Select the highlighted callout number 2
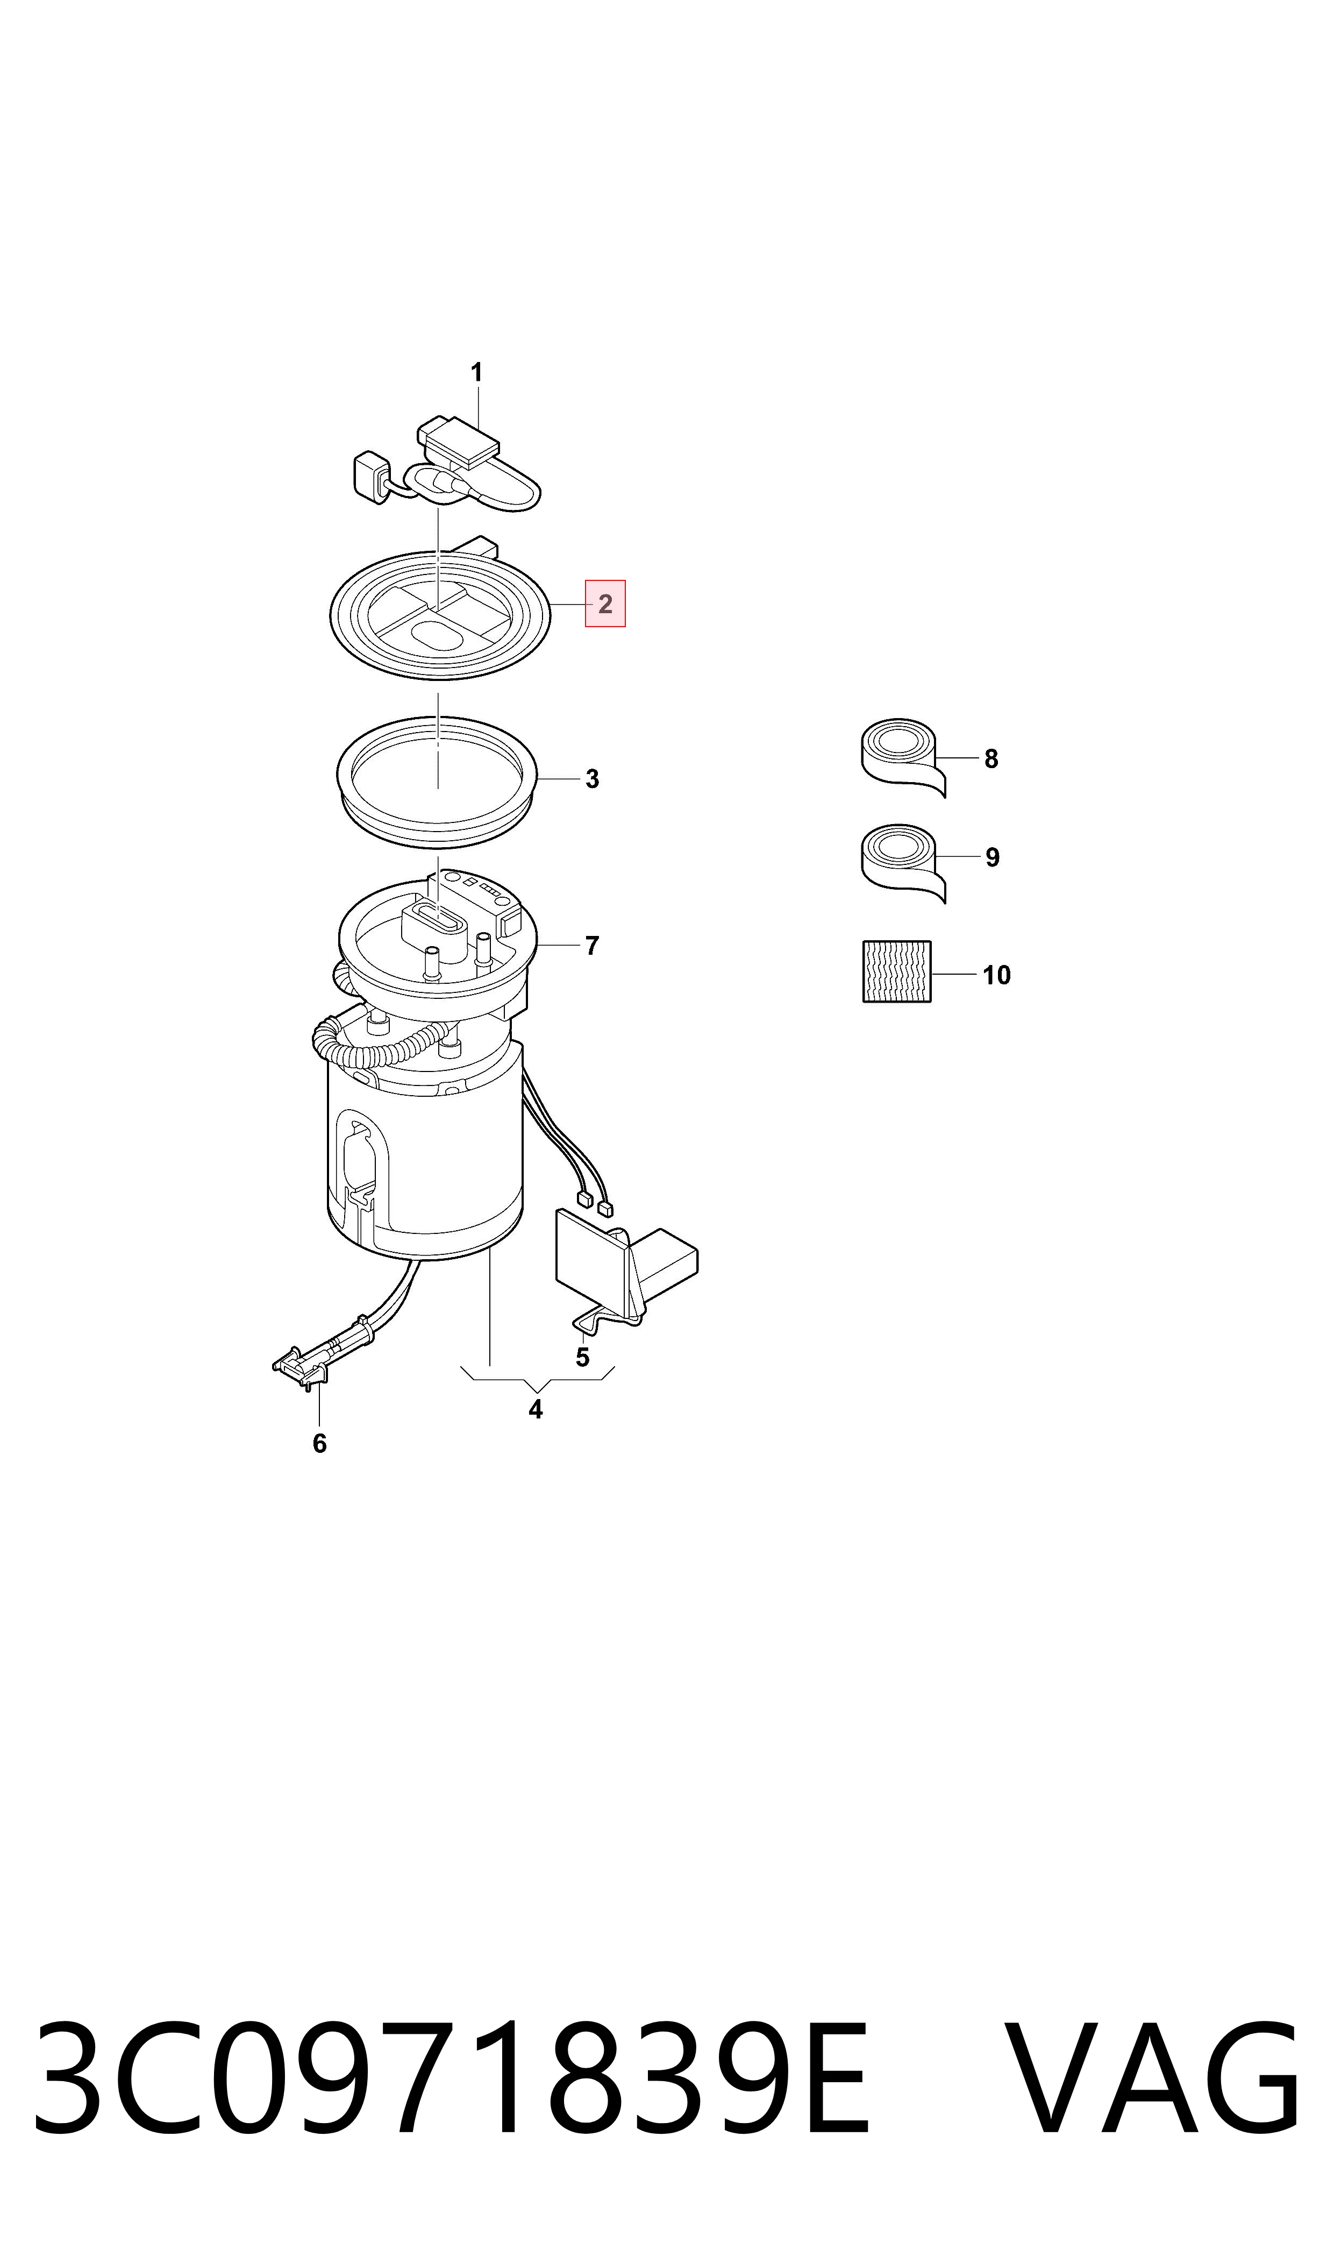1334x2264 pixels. coord(605,604)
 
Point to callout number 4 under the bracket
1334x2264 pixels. coord(536,1410)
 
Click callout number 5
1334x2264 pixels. coord(582,1358)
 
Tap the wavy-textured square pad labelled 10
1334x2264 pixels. coord(897,972)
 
